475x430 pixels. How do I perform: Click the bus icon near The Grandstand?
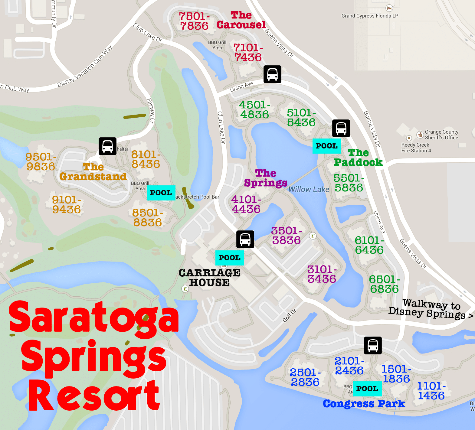107,146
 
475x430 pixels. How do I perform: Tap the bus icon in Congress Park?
372,345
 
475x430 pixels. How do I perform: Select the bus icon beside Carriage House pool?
245,239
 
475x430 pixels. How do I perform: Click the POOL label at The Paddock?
326,146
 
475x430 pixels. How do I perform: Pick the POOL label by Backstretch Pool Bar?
161,193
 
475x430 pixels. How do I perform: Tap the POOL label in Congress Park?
367,389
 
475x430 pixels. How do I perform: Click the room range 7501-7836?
194,21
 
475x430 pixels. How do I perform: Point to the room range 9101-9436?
67,205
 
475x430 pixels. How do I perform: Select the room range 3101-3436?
322,274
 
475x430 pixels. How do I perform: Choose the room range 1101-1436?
431,391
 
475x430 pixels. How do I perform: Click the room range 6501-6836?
384,284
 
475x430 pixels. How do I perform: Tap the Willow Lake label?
309,190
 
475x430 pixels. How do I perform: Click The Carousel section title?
241,20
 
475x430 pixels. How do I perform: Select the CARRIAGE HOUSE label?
209,278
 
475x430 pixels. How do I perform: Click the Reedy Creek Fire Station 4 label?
416,148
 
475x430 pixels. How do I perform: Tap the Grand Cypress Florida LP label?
370,16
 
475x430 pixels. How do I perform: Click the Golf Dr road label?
289,316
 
